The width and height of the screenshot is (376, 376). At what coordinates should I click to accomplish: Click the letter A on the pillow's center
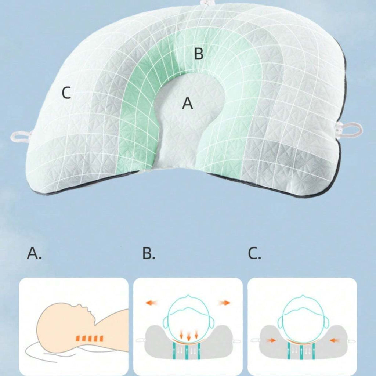[187, 104]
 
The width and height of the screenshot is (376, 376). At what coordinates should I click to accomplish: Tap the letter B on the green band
[199, 54]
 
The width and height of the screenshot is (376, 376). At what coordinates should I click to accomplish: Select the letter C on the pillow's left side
[66, 93]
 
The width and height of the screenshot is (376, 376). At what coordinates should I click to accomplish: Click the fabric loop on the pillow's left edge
[21, 137]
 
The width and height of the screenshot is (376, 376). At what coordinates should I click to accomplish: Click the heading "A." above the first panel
[34, 253]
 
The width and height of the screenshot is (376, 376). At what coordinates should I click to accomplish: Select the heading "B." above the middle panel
[149, 253]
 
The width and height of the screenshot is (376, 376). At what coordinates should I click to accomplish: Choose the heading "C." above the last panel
[254, 253]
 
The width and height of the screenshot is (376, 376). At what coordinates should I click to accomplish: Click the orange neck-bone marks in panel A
[90, 338]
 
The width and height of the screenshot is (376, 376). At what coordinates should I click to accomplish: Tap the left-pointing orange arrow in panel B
[152, 303]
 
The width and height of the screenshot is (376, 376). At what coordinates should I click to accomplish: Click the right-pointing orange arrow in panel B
[224, 303]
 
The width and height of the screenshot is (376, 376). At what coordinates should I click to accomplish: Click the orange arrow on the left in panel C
[271, 340]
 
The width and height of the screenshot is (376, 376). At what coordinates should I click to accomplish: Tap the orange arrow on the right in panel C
[334, 340]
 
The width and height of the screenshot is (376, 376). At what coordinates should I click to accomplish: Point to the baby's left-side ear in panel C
[281, 322]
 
